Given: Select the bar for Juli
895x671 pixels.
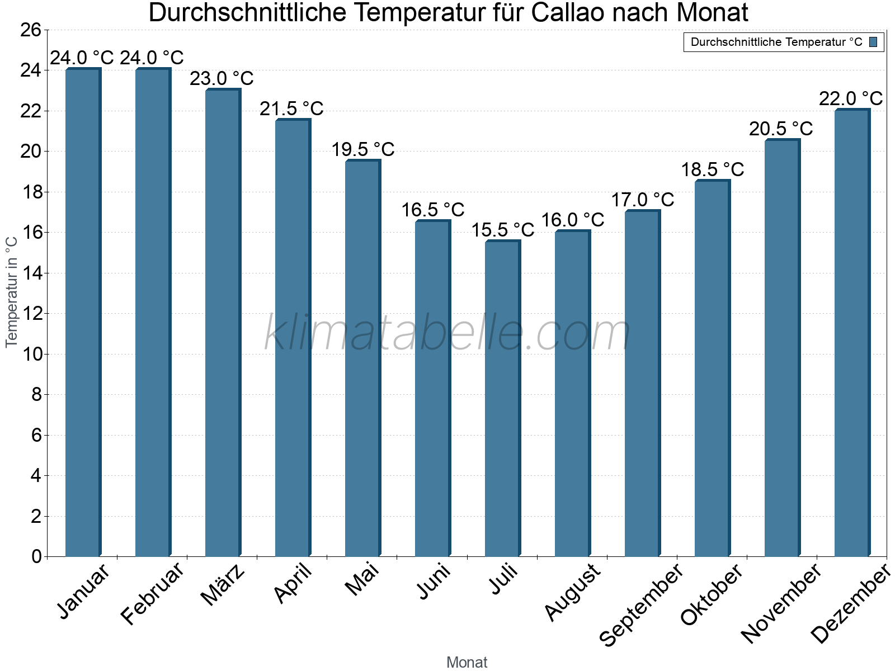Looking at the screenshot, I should tap(502, 398).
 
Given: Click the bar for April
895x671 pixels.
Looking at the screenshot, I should tap(293, 338).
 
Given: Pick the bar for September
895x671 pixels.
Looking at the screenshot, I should tap(642, 383).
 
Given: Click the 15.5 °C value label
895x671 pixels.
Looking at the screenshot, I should tap(502, 230).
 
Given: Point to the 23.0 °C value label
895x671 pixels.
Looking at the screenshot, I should tap(222, 79).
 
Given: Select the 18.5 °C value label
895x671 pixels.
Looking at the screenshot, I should tap(712, 169).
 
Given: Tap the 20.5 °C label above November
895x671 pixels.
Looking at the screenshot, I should tap(781, 129).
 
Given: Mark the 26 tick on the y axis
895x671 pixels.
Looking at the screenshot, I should tap(31, 30).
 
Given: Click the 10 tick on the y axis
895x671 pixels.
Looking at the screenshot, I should tap(31, 355).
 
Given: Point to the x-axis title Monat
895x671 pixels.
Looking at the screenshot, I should tap(467, 663).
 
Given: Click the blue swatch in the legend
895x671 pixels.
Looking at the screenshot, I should tap(873, 42).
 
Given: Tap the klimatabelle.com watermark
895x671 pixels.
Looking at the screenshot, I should tap(447, 333).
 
